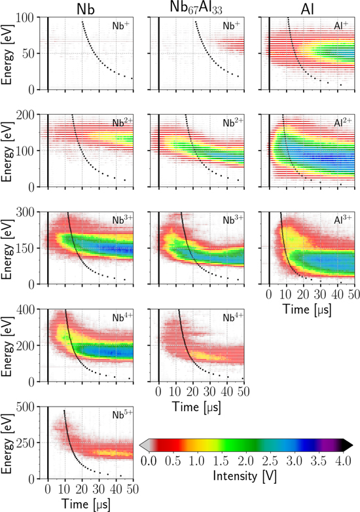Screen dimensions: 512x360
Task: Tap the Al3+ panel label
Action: pos(342,221)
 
